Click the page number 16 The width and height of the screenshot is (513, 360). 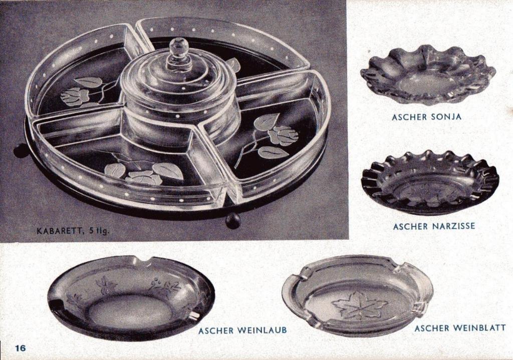[20, 347]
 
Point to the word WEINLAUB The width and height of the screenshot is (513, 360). [262, 330]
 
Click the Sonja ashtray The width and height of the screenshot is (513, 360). [428, 75]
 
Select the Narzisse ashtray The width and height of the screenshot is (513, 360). [430, 182]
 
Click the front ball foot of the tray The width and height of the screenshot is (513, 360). [233, 221]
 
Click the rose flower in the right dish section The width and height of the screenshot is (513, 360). [283, 135]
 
